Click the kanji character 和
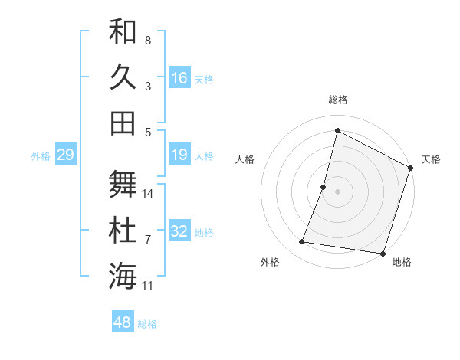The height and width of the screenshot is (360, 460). click(x=123, y=31)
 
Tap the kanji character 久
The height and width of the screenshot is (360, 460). click(x=123, y=77)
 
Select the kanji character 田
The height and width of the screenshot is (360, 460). click(x=123, y=123)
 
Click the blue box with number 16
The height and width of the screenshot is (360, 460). click(x=179, y=77)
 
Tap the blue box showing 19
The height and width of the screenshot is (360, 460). click(x=179, y=155)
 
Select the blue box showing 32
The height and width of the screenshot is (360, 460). click(x=179, y=232)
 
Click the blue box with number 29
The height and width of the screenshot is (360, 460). click(x=65, y=155)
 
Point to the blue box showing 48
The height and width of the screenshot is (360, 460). click(x=123, y=322)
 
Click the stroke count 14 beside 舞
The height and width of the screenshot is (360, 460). click(x=149, y=194)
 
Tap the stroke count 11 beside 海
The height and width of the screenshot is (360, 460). click(x=149, y=286)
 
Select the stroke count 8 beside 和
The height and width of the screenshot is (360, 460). click(x=148, y=40)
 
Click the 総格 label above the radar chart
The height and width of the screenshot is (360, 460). click(x=338, y=100)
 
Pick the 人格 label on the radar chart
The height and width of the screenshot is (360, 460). click(x=245, y=160)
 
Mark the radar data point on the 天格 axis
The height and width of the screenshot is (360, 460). click(x=410, y=168)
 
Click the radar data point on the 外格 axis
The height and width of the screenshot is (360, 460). click(x=302, y=242)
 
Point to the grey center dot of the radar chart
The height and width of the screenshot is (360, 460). click(x=338, y=191)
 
